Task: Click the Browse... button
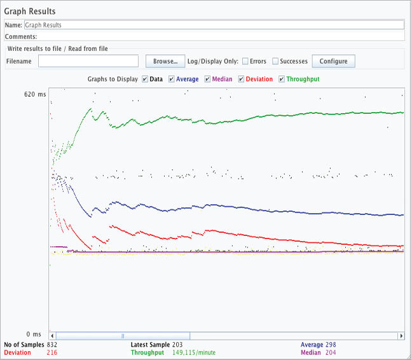point(165,61)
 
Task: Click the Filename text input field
point(88,61)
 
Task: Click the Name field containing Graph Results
point(214,25)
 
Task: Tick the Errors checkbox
point(245,61)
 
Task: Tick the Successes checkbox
point(275,61)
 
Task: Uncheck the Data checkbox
point(146,80)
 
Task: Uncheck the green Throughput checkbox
point(282,80)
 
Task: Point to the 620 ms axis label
point(35,94)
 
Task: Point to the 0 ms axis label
point(32,334)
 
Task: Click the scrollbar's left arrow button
point(53,335)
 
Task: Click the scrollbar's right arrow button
point(401,335)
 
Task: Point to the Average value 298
point(331,345)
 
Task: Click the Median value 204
point(331,352)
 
